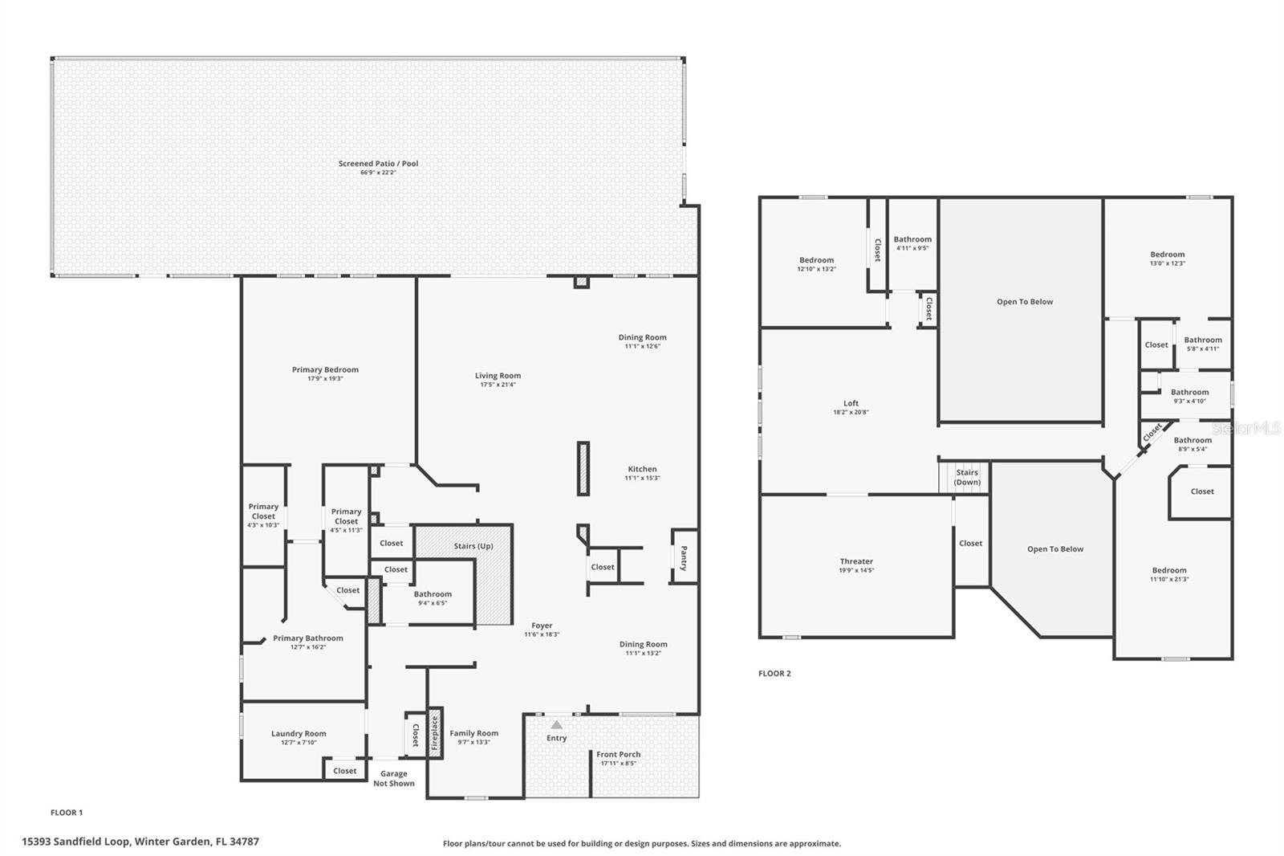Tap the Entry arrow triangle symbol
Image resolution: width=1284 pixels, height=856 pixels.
click(556, 724)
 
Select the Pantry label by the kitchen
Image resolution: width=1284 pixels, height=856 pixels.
click(684, 557)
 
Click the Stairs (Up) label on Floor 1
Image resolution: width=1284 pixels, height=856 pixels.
click(473, 546)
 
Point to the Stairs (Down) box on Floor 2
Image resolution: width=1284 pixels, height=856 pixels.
click(967, 478)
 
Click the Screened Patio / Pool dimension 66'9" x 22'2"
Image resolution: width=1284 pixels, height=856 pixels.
click(378, 173)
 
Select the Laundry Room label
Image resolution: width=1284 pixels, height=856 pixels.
click(299, 733)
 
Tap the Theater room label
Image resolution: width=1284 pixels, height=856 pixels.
click(856, 561)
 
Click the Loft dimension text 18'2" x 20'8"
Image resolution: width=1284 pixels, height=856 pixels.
click(851, 412)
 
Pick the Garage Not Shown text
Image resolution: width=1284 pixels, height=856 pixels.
click(394, 778)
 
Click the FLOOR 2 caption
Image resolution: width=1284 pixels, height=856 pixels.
click(774, 674)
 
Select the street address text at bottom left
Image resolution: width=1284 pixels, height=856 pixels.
click(140, 842)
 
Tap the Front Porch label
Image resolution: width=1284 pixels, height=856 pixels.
click(618, 754)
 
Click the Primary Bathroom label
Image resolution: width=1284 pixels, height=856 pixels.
click(307, 638)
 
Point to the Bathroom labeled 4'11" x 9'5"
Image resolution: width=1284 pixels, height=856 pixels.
click(912, 243)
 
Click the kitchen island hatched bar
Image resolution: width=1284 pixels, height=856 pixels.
click(583, 468)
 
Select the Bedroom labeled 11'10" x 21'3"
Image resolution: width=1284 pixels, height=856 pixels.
click(1168, 574)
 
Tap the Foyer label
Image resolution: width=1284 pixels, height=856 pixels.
click(542, 626)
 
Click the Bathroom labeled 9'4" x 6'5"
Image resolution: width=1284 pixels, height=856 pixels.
click(433, 598)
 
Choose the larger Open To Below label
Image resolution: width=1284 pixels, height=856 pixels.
click(1025, 302)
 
